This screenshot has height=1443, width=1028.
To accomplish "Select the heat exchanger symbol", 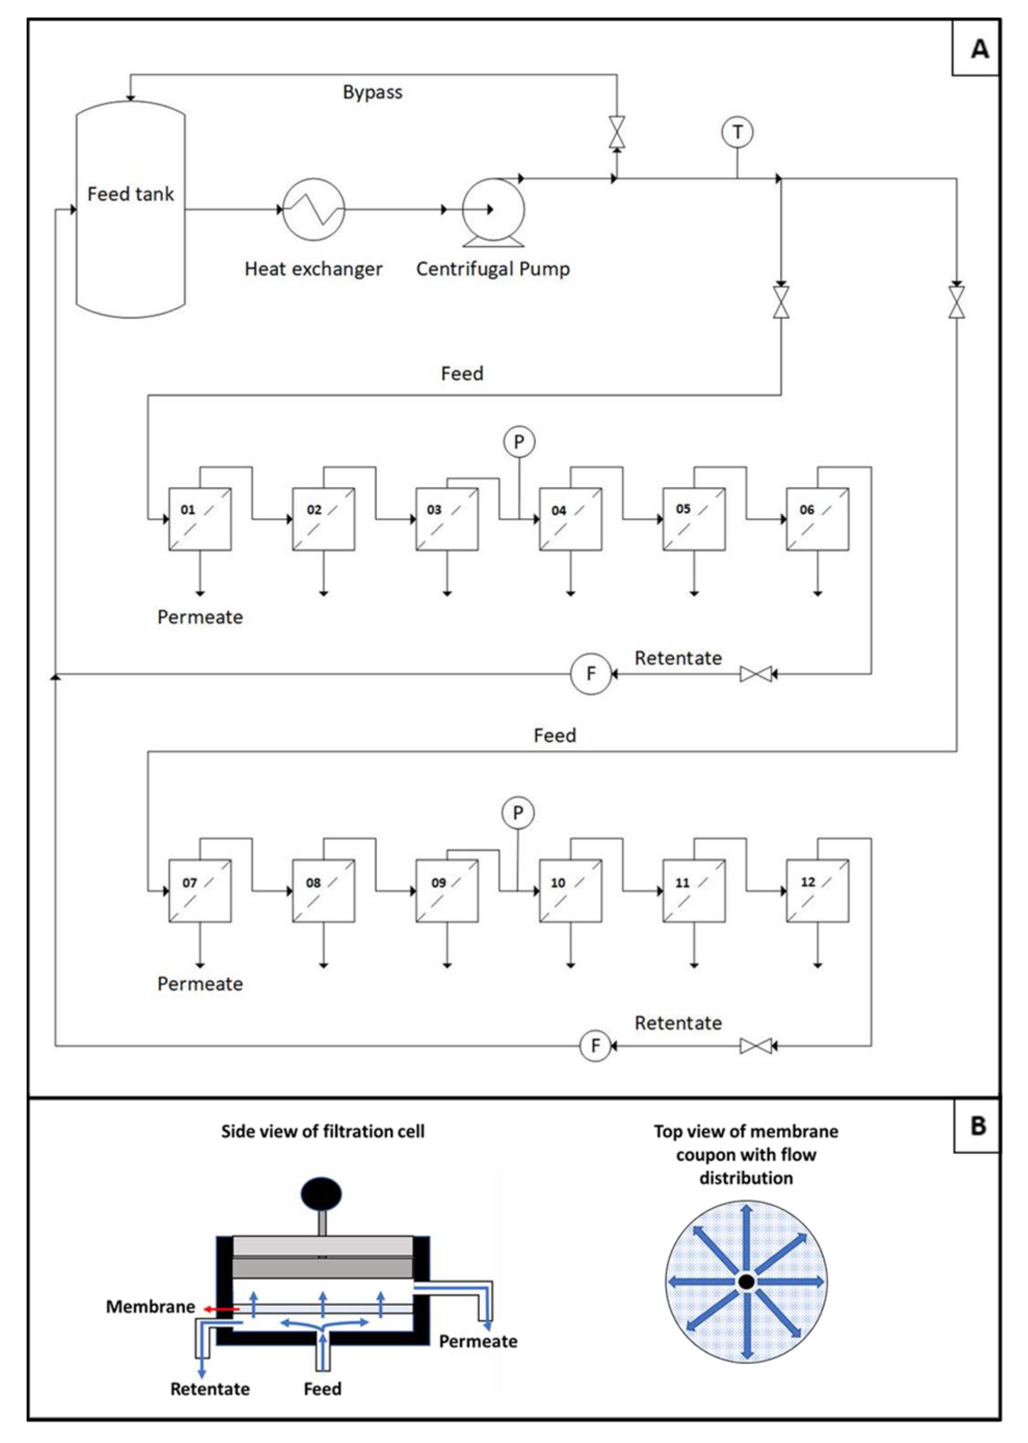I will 313,209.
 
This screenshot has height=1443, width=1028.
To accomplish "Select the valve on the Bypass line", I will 616,132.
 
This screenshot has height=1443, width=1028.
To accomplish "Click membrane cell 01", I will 200,519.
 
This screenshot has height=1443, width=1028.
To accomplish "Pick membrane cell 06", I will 817,519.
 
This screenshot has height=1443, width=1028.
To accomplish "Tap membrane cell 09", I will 447,891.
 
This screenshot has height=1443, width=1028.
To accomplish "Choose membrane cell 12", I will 817,891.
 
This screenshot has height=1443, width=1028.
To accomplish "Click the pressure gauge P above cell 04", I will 519,442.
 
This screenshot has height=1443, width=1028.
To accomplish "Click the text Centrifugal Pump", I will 492,269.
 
